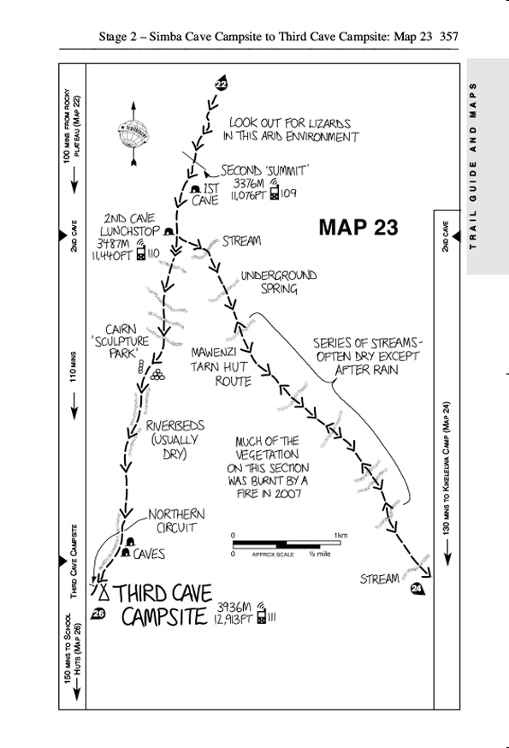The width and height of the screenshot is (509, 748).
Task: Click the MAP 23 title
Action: click(x=358, y=228)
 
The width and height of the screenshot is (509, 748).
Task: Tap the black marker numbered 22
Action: click(x=221, y=84)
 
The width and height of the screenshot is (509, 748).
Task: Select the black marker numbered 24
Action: click(x=417, y=588)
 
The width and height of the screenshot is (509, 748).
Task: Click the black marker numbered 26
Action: click(x=98, y=613)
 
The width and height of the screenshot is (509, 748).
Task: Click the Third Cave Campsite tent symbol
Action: click(x=104, y=592)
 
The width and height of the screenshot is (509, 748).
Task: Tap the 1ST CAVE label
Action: click(x=205, y=194)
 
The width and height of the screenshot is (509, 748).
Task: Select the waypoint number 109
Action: click(x=288, y=193)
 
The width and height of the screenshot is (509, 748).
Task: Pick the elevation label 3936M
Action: click(x=234, y=607)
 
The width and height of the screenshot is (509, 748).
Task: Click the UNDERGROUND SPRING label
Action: click(x=279, y=282)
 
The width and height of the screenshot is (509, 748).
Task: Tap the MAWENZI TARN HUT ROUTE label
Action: click(x=219, y=366)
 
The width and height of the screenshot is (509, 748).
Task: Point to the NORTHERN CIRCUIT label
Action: click(x=176, y=520)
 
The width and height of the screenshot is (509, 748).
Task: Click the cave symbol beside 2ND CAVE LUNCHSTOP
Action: click(x=169, y=231)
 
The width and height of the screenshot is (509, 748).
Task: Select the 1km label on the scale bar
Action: click(x=340, y=535)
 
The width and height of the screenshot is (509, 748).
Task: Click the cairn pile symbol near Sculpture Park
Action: click(x=157, y=374)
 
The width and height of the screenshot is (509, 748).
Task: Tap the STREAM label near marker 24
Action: click(x=379, y=579)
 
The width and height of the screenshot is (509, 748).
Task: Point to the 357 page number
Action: click(x=449, y=36)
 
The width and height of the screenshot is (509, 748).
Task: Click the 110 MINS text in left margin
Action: click(x=73, y=367)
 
